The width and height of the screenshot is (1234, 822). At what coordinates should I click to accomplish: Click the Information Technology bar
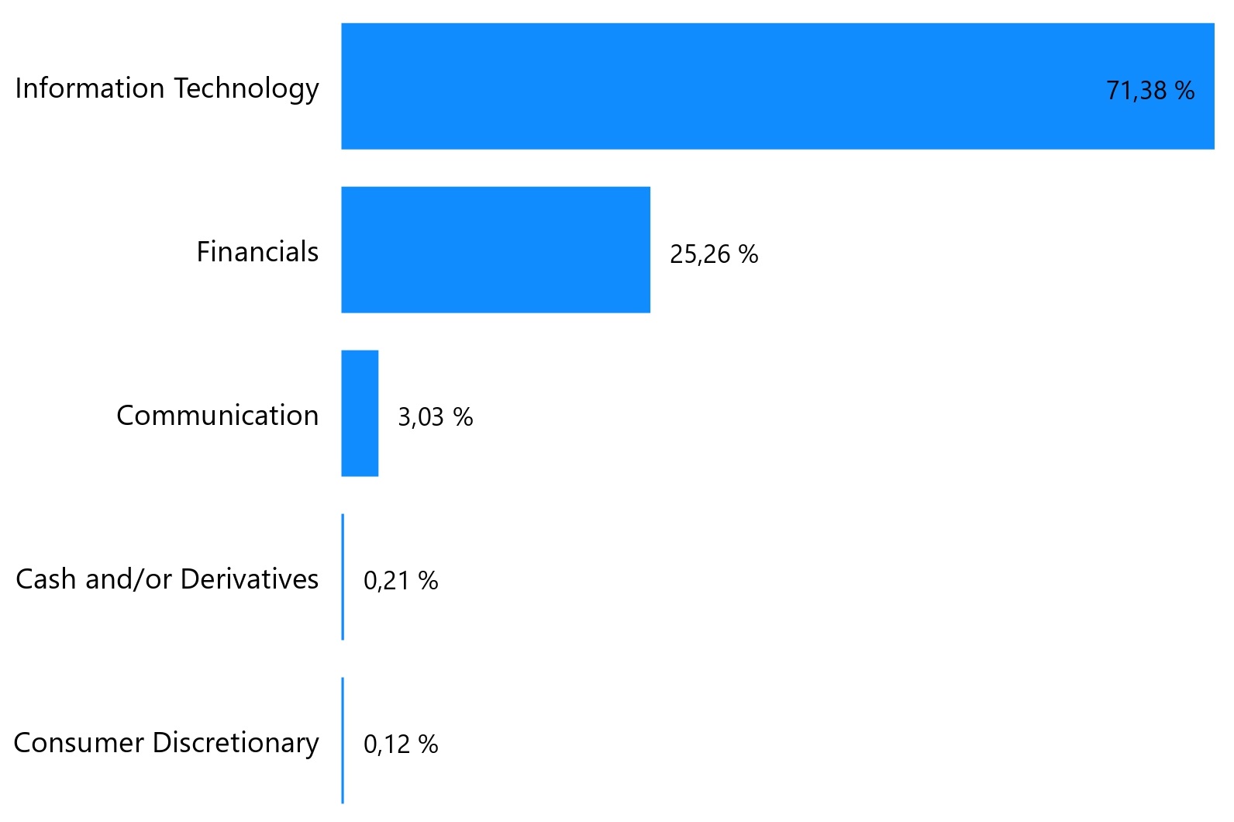pos(775,86)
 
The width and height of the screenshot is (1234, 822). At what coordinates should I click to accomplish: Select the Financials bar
pos(495,250)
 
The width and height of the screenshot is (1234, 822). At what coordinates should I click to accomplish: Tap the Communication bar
pos(360,413)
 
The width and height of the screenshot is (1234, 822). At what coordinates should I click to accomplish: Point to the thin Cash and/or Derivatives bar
pos(343,577)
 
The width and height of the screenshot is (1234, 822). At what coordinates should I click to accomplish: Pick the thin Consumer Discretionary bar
pos(343,741)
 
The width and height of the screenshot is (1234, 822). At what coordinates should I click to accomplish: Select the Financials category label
pos(257,252)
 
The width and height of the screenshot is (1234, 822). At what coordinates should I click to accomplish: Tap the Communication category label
pos(217,416)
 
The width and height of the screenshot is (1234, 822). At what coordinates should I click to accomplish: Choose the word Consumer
pos(78,743)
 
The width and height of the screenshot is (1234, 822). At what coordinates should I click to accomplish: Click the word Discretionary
pos(236,744)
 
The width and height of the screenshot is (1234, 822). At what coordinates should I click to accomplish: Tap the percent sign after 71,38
pos(1184,91)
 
